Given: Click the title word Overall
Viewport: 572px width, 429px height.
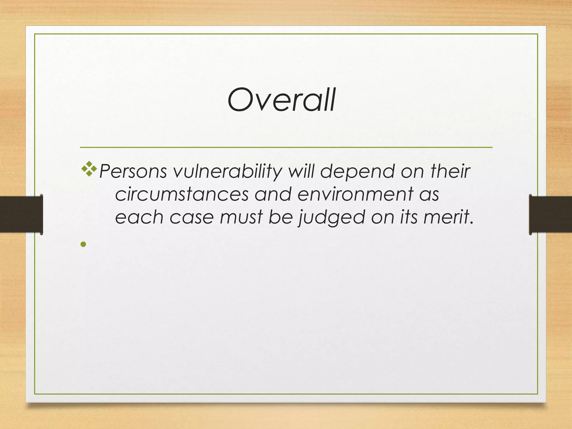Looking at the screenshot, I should [x=282, y=100].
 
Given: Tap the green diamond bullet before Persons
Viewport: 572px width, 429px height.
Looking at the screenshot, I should [x=89, y=168].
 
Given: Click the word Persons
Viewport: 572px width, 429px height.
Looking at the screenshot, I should [x=133, y=171].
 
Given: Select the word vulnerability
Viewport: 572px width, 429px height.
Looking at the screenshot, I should [x=228, y=172].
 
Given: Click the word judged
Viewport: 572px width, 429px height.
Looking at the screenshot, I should [x=332, y=218].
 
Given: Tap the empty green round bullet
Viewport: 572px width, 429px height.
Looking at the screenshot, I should [x=83, y=244].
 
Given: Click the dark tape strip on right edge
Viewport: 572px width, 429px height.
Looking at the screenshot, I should [x=550, y=214].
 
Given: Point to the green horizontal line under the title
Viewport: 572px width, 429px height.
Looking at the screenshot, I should [x=286, y=147].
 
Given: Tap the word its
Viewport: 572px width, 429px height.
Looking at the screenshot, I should [x=409, y=217].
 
